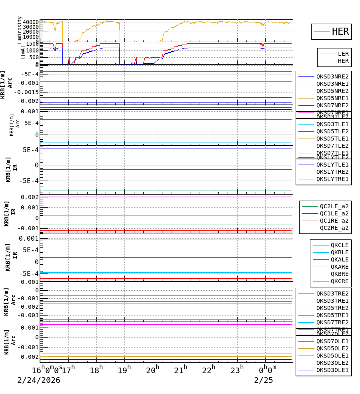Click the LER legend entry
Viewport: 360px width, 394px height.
343,54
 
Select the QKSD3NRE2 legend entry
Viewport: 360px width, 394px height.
332,76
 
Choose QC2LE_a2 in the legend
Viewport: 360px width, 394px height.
334,206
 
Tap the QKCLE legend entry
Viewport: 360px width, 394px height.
339,245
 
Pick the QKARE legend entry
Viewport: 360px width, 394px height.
339,267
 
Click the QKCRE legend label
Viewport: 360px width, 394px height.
339,281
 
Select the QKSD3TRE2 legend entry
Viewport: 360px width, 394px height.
332,293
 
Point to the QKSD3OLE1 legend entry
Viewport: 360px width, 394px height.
332,370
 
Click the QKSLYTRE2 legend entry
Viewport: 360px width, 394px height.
332,172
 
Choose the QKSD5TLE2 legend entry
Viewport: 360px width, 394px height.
332,131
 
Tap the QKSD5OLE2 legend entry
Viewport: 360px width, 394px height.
332,348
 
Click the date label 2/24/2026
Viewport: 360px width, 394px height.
39,380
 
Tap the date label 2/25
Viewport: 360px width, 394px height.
264,380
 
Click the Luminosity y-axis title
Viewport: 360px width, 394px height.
20,30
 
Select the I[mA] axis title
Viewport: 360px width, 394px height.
23,52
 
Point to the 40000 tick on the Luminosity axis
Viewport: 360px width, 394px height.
31,22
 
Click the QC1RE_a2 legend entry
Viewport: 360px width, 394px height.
334,221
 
